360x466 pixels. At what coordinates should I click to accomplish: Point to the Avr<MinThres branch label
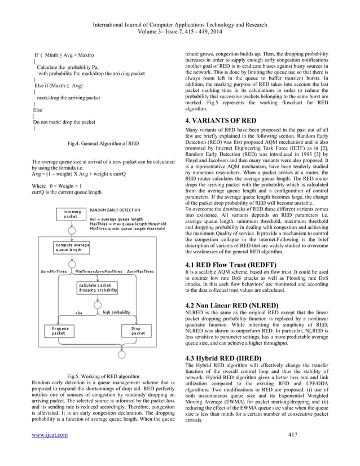[x=52, y=271]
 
